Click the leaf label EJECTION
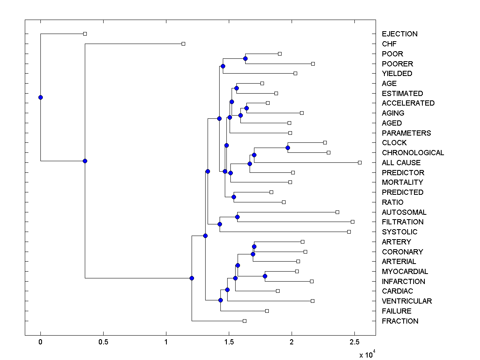click(400, 34)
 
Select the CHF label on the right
click(389, 44)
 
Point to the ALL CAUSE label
click(401, 163)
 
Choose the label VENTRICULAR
click(407, 301)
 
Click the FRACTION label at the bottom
click(400, 321)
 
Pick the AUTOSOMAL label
click(404, 212)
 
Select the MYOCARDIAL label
click(405, 272)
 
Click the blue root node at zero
click(40, 97)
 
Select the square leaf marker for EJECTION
click(85, 34)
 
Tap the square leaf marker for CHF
click(183, 44)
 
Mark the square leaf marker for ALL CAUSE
click(360, 162)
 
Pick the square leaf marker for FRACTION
click(244, 321)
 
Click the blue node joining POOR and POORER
click(245, 59)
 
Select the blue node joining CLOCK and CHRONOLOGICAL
click(288, 148)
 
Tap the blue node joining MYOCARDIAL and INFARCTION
click(265, 276)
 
